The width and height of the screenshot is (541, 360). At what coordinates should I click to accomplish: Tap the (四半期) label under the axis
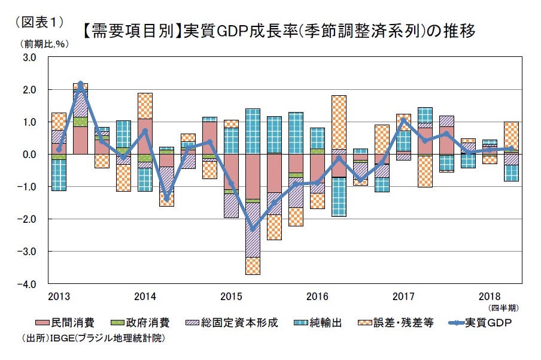504,308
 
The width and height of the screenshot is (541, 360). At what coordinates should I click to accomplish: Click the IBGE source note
93,338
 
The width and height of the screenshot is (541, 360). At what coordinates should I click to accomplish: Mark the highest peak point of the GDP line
81,83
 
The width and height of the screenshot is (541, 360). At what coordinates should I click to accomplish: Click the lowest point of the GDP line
253,229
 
